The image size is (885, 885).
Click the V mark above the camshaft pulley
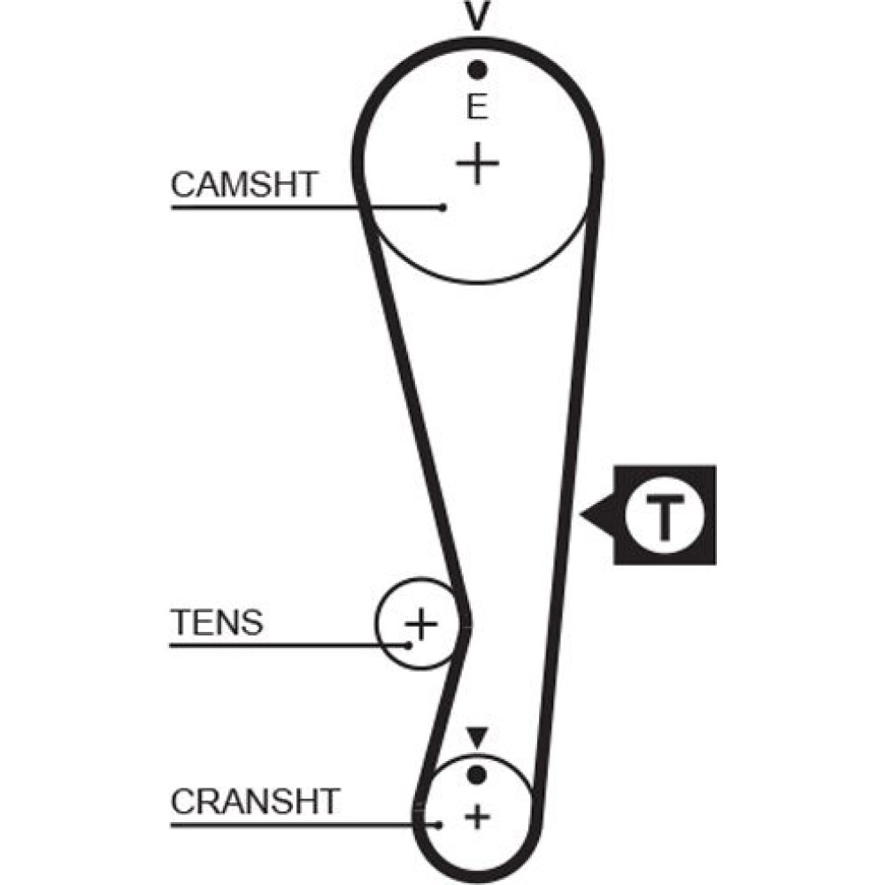click(478, 16)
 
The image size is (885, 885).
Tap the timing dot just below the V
click(478, 68)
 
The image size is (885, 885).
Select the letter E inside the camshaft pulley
click(478, 108)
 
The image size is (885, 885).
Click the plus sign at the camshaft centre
click(478, 164)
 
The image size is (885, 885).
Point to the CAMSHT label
click(244, 185)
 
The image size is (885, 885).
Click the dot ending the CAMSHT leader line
click(442, 208)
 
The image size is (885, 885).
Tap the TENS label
click(217, 623)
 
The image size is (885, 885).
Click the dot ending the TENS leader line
click(409, 644)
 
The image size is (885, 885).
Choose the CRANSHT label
click(255, 802)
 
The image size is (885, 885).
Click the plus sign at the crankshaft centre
click(478, 815)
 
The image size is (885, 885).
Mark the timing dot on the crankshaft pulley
click(477, 775)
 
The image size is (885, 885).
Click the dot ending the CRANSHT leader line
click(439, 826)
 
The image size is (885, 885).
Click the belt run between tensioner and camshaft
click(416, 398)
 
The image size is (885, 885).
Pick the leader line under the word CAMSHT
click(265, 208)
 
